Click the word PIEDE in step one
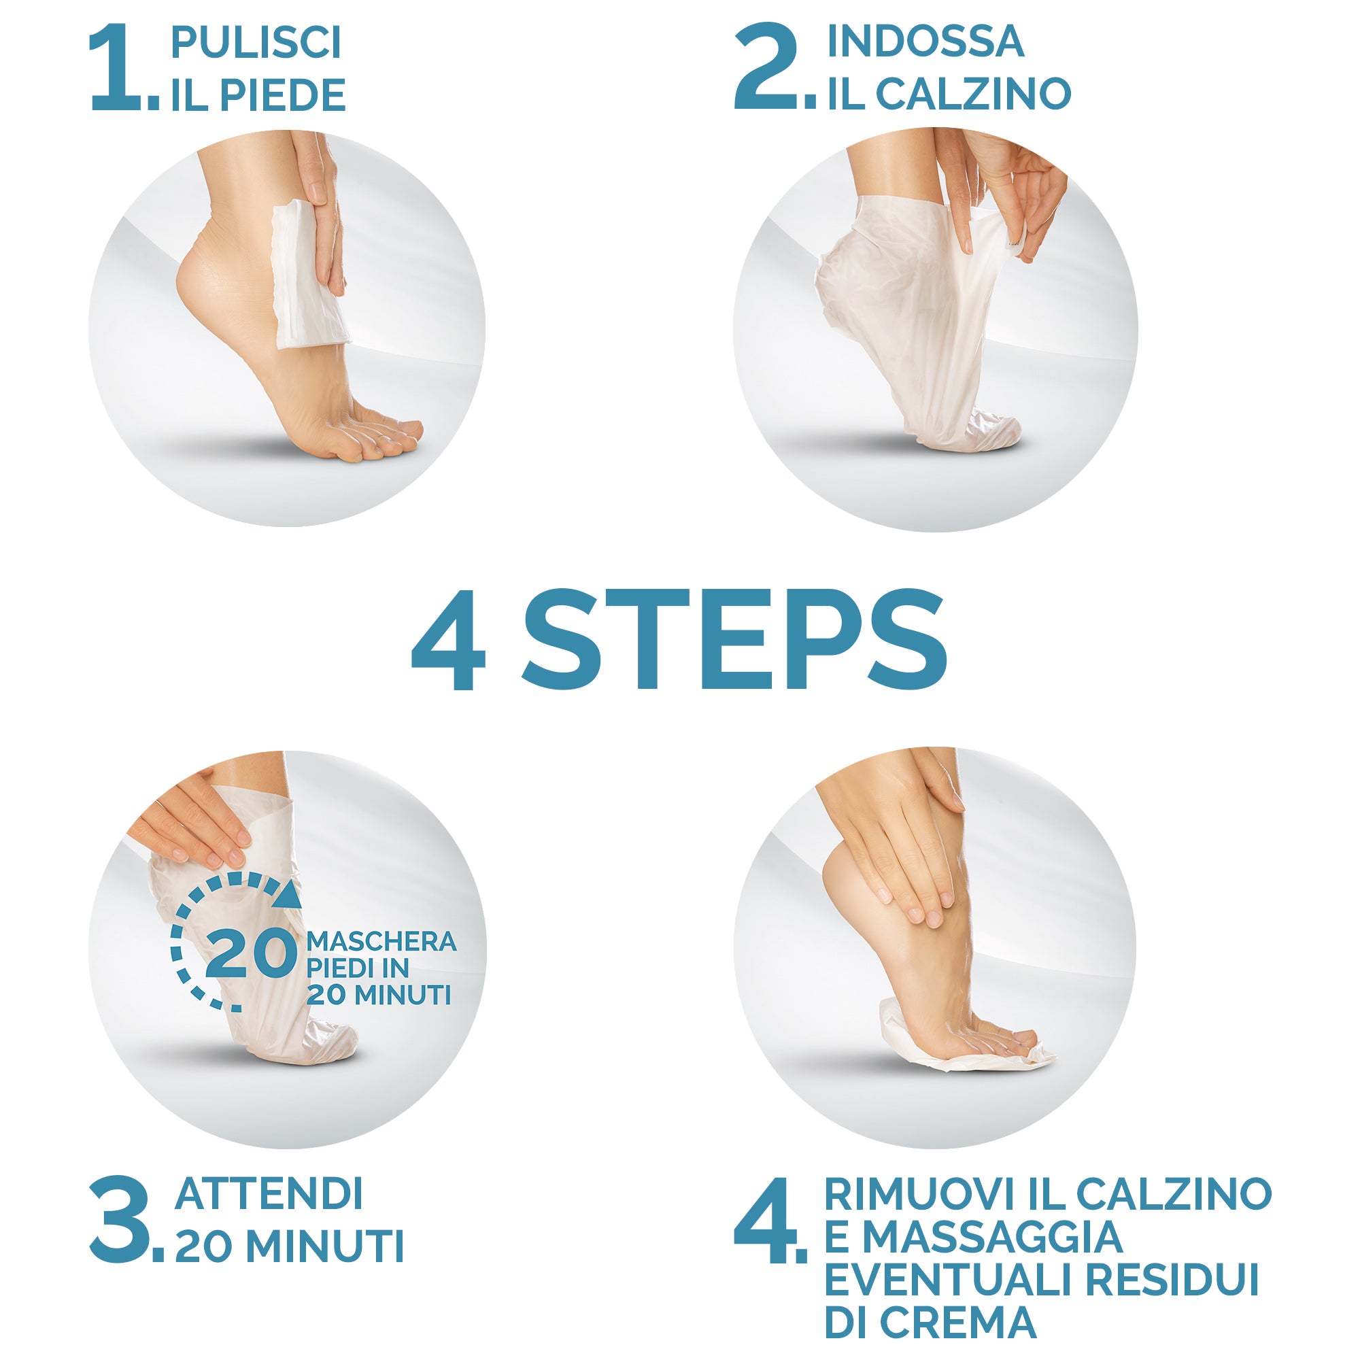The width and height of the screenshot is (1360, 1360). pos(283,96)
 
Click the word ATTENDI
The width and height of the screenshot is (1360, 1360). pos(269,1194)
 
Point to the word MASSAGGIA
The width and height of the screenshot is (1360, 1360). pos(993,1237)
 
